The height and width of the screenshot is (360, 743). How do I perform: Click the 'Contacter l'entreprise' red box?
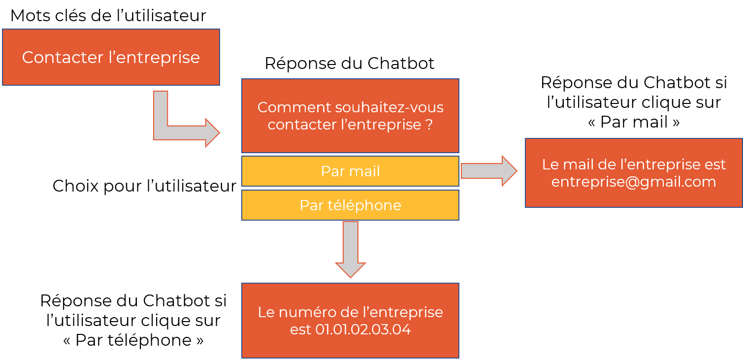point(111,57)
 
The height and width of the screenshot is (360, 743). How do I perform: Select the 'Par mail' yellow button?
point(350,171)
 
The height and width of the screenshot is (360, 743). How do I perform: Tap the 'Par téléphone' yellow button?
point(350,205)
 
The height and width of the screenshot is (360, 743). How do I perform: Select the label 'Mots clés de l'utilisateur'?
point(108,15)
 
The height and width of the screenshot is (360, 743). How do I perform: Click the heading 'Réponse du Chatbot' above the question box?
point(349,64)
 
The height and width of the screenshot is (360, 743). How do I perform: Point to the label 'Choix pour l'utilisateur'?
point(144,186)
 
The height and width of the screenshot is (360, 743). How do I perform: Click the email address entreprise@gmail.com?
point(634,182)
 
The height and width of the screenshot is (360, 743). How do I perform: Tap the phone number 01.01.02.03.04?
point(363,329)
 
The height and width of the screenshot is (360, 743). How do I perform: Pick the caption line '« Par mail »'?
point(634,122)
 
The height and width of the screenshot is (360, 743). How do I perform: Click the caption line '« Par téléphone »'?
point(133,340)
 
